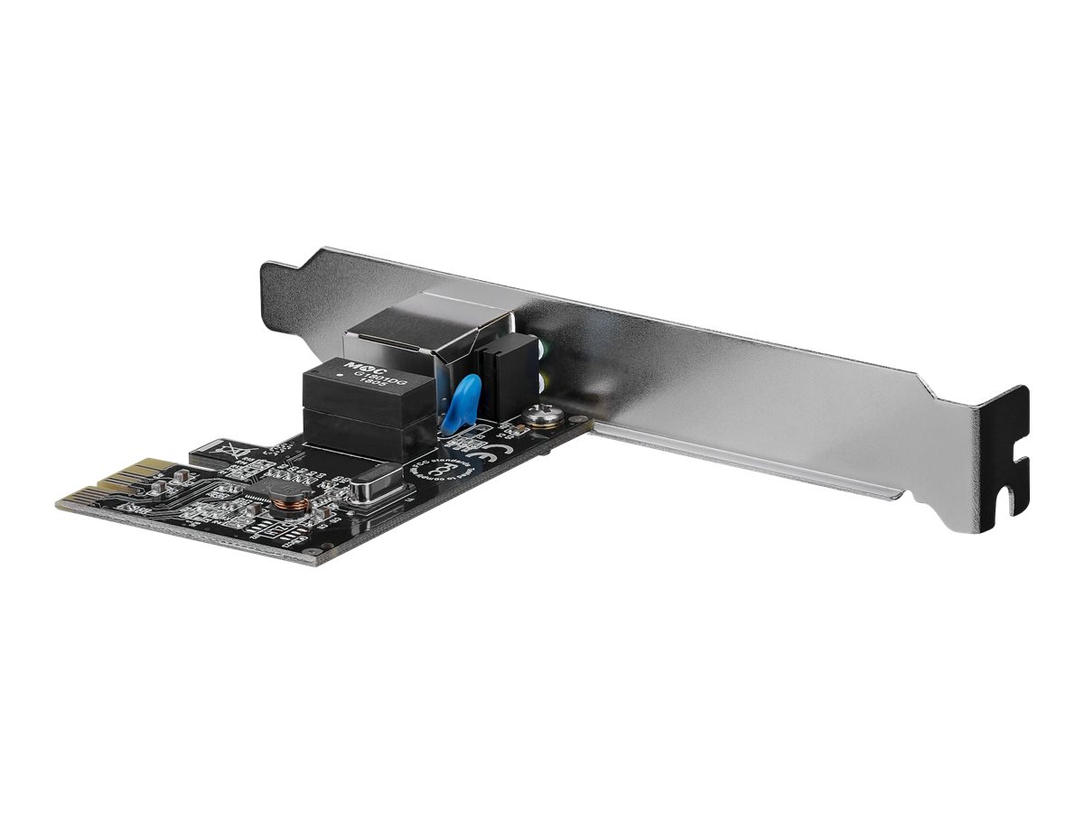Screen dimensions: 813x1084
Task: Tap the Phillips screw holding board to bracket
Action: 542,416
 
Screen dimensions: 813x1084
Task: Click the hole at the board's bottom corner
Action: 310,551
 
